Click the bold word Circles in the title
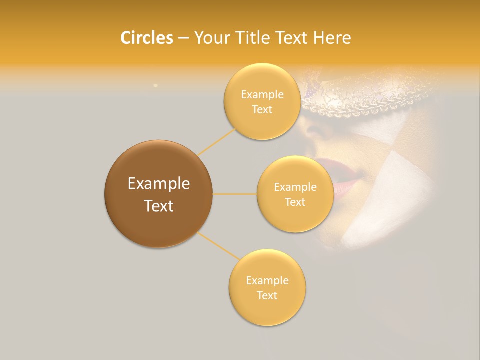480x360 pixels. tap(146, 38)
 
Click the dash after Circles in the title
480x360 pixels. tap(183, 38)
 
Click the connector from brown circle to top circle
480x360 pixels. tap(216, 142)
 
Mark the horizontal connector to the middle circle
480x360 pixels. tap(235, 194)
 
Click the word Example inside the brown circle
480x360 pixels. tap(158, 184)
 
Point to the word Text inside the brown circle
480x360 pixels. tap(158, 206)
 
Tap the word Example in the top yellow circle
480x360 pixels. tap(262, 95)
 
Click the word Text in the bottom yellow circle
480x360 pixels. tap(267, 295)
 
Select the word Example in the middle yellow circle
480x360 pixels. tap(295, 187)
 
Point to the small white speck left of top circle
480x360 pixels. tap(155, 85)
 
